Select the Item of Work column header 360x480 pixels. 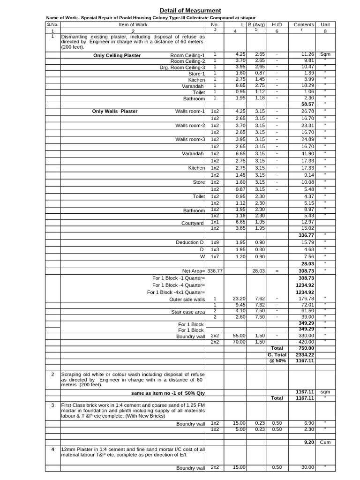click(x=133, y=24)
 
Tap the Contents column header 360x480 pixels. click(x=304, y=24)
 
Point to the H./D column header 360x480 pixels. click(x=277, y=24)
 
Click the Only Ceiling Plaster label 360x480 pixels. click(x=117, y=55)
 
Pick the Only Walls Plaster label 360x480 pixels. click(x=115, y=111)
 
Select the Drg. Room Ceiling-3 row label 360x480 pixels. click(x=182, y=67)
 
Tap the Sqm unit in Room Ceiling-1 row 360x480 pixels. click(x=325, y=54)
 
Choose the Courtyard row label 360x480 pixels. click(x=193, y=223)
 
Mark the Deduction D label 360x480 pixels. click(x=190, y=242)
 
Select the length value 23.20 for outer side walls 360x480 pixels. click(x=239, y=298)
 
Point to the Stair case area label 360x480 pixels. click(x=188, y=312)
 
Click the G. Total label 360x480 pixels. click(x=277, y=355)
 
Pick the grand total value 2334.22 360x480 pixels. click(x=304, y=355)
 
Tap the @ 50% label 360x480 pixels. click(x=277, y=361)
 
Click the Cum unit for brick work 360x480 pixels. click(x=325, y=442)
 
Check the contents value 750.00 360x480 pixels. click(x=305, y=348)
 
